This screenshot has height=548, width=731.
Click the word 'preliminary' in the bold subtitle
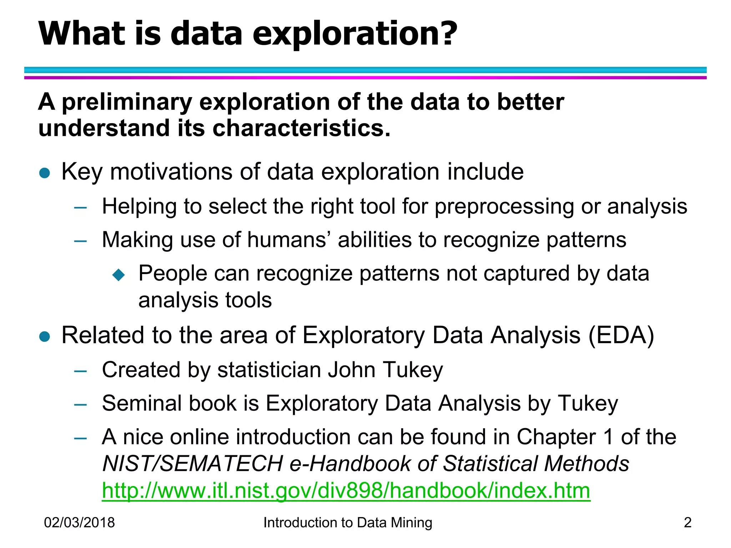click(x=127, y=102)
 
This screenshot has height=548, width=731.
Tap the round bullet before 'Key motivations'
click(x=45, y=173)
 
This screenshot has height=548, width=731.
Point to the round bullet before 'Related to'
click(x=45, y=336)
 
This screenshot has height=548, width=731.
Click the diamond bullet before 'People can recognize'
click(x=119, y=275)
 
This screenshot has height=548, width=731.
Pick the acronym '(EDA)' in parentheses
click(x=621, y=335)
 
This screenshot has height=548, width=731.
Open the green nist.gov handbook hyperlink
click(x=346, y=490)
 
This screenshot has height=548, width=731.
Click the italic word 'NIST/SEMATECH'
click(x=193, y=463)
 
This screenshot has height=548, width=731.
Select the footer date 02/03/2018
click(x=79, y=523)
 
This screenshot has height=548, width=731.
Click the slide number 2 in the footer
click(x=687, y=523)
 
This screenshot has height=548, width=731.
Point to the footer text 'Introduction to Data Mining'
click(x=348, y=523)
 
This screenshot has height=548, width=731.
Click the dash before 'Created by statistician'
click(x=80, y=371)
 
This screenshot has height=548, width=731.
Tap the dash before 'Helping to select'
click(x=80, y=208)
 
